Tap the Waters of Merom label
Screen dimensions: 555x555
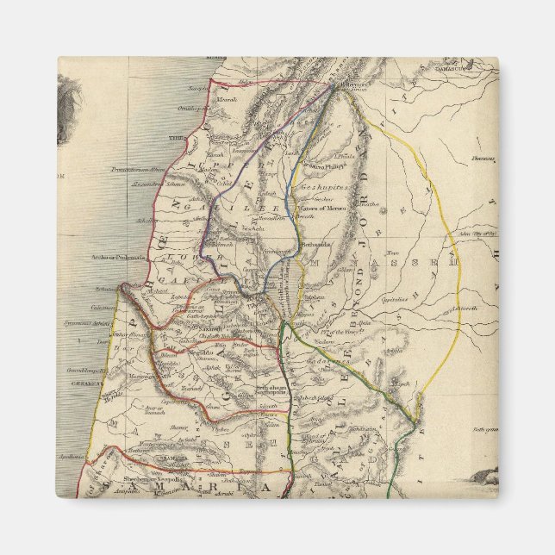coord(319,208)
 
